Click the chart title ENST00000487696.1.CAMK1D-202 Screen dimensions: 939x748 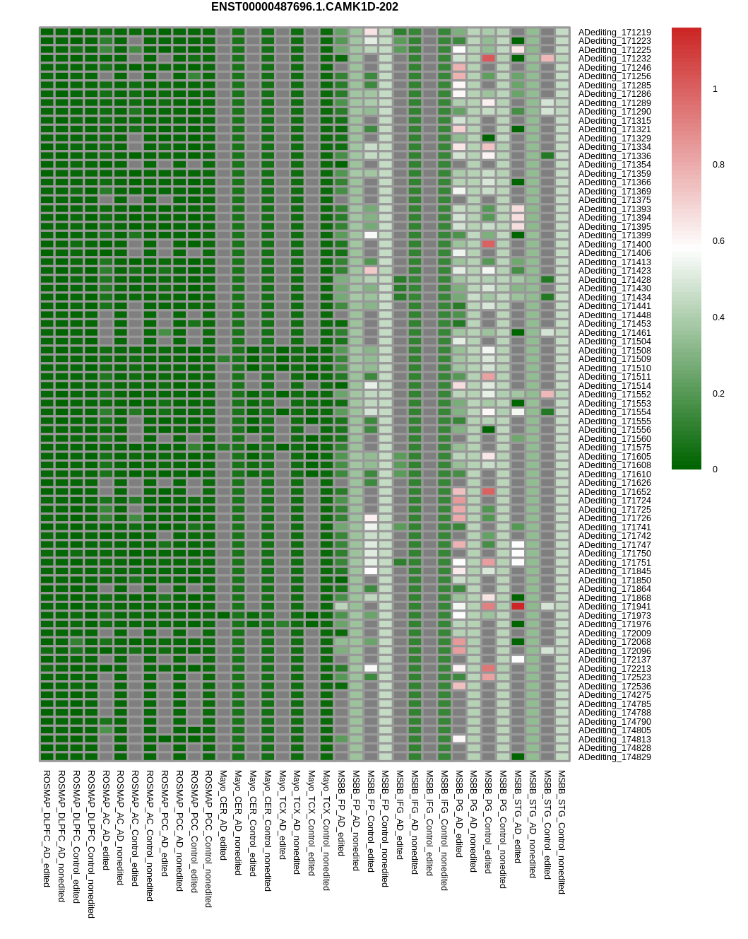pyautogui.click(x=304, y=7)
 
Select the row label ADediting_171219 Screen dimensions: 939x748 pyautogui.click(x=615, y=33)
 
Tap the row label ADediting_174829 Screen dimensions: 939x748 pyautogui.click(x=615, y=757)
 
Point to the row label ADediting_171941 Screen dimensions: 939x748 pyautogui.click(x=615, y=607)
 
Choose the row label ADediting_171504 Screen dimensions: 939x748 pyautogui.click(x=615, y=342)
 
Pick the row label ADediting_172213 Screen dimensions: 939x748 pyautogui.click(x=615, y=669)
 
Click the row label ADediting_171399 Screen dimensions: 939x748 pyautogui.click(x=615, y=235)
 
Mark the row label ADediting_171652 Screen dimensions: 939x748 pyautogui.click(x=615, y=492)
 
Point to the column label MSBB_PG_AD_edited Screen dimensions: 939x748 pyautogui.click(x=459, y=814)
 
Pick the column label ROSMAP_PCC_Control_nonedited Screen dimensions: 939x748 pyautogui.click(x=208, y=839)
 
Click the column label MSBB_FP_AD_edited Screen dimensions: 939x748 pyautogui.click(x=341, y=813)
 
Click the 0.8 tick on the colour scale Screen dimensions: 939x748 pyautogui.click(x=718, y=165)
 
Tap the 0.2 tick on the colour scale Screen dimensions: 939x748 pyautogui.click(x=718, y=394)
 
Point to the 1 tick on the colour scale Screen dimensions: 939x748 pyautogui.click(x=715, y=89)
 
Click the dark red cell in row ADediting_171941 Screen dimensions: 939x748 pyautogui.click(x=518, y=606)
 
